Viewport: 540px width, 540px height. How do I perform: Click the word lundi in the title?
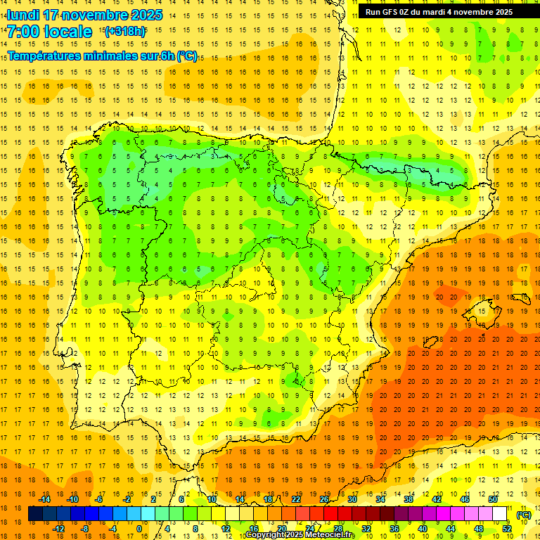23,15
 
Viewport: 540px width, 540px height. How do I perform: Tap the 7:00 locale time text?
49,32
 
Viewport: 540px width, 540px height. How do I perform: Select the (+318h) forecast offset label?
125,32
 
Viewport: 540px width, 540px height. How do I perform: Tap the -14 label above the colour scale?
45,499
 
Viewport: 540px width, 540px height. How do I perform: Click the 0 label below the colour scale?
139,529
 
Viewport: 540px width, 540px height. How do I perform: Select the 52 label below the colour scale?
506,529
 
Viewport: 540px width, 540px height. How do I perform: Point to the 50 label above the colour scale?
492,499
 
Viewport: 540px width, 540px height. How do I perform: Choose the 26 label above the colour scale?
324,499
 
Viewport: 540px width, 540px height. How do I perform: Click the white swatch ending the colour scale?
500,514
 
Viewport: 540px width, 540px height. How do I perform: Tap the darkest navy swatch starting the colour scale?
35,514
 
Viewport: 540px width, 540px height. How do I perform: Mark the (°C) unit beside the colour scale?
524,515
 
